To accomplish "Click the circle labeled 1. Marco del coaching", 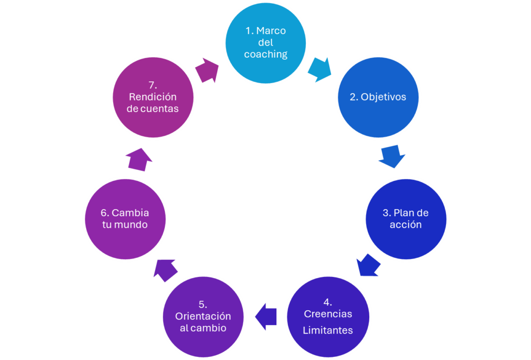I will point(266,43).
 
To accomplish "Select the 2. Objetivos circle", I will point(378,97).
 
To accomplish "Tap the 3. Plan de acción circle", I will point(406,219).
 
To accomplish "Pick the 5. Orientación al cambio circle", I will point(203,316).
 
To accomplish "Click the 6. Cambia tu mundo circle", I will point(125,219).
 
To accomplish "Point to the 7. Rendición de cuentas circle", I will point(153,97).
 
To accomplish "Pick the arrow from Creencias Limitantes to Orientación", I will point(266,316).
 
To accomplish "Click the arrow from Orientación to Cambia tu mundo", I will point(165,269).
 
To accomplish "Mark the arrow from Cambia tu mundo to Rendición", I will point(139,158).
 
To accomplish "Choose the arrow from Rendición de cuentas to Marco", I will point(207,71).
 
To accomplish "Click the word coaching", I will point(265,54).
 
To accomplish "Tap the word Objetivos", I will point(384,97).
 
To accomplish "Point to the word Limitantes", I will point(328,330).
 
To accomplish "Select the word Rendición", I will point(153,97).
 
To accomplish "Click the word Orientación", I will point(203,316).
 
